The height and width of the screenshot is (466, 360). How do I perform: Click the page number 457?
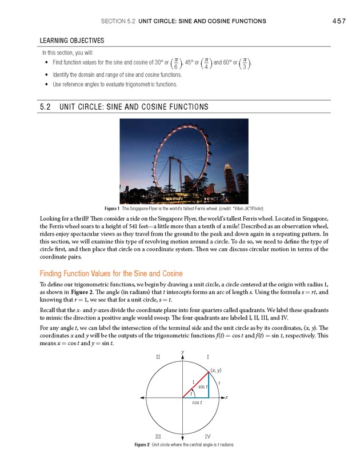pyautogui.click(x=339, y=21)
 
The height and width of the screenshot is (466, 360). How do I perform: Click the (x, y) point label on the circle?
pyautogui.click(x=217, y=371)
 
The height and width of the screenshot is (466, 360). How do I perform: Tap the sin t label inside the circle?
pyautogui.click(x=202, y=387)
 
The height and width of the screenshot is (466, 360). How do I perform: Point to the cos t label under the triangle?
pyautogui.click(x=198, y=402)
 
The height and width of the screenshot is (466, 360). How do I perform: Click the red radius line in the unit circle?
pyautogui.click(x=195, y=384)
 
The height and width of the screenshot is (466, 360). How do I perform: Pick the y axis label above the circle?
pyautogui.click(x=182, y=351)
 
